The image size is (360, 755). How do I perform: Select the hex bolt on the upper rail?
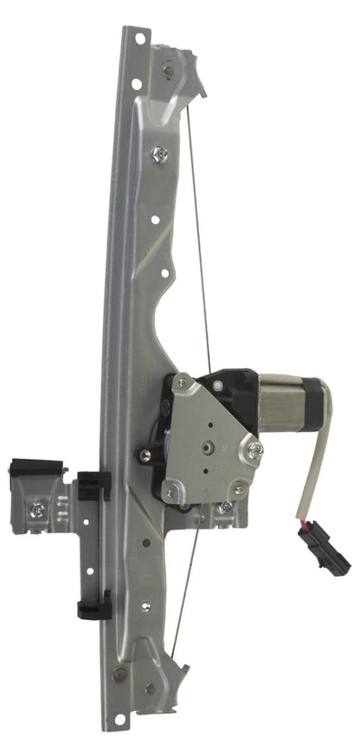pos(160,155)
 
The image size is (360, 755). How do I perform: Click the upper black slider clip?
pos(93,486)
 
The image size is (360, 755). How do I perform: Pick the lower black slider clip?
pos(93,605)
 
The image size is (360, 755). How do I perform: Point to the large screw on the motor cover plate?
pos(256,449)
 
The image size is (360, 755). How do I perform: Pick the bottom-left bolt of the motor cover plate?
pos(170,492)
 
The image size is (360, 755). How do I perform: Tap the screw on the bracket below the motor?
pos(226,507)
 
